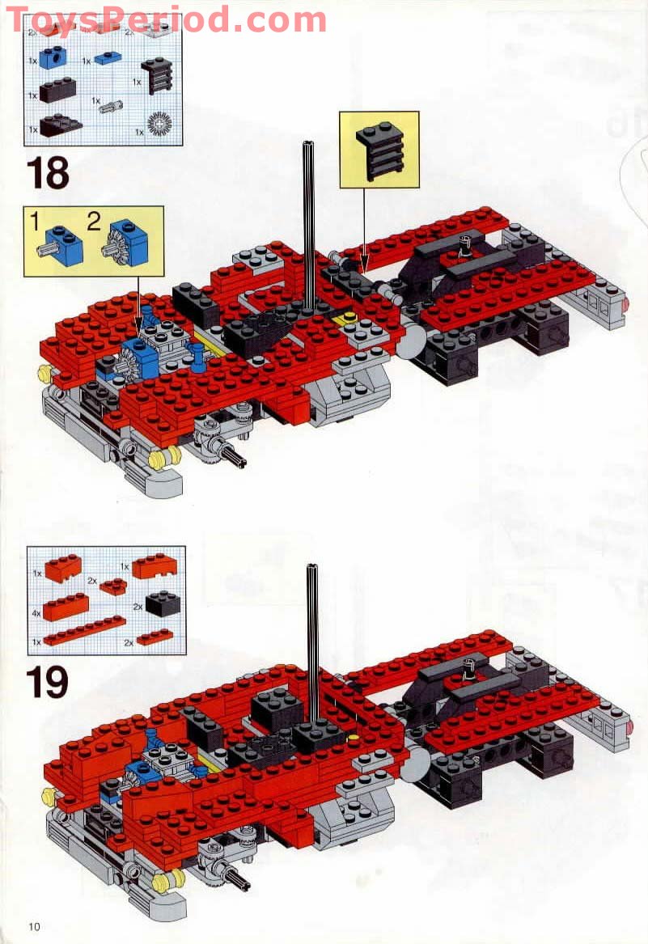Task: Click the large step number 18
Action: tap(48, 173)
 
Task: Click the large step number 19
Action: tap(48, 682)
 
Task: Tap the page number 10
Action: tap(33, 926)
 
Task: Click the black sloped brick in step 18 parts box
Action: tap(60, 125)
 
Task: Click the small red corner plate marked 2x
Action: tap(113, 586)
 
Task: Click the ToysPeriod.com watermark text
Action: tap(166, 19)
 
